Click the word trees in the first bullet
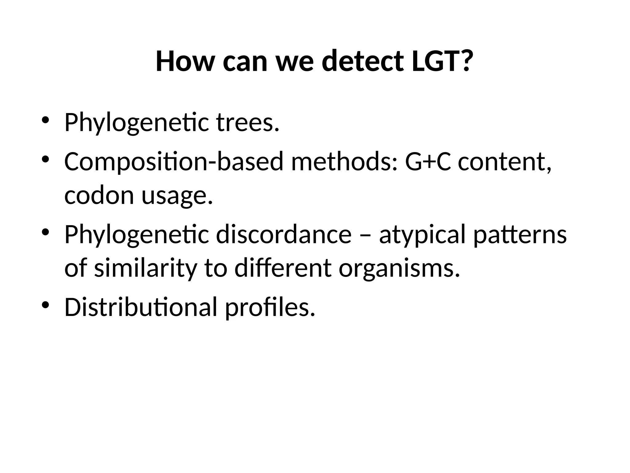(x=248, y=123)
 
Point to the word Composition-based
(x=173, y=162)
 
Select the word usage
(x=177, y=196)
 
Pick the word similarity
(x=146, y=268)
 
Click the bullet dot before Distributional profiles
(x=46, y=305)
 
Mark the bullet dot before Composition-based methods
(x=46, y=160)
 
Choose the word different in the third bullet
(x=283, y=268)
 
